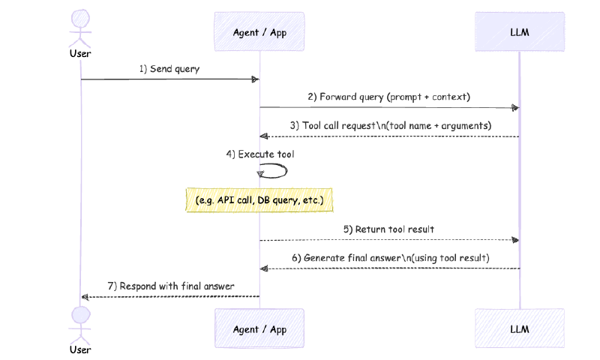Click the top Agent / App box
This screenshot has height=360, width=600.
pos(259,32)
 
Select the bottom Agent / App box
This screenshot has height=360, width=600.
pos(259,329)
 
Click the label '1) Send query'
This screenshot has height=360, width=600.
pos(169,68)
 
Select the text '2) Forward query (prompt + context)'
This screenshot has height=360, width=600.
pos(388,97)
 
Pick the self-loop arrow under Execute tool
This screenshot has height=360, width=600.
pos(274,171)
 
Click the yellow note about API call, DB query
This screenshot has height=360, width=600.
pos(259,200)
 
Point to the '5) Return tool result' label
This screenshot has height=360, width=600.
pos(388,229)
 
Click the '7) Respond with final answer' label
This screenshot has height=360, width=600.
pos(169,286)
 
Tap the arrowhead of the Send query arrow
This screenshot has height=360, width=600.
pos(255,79)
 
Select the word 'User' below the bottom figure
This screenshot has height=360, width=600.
pos(80,349)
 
